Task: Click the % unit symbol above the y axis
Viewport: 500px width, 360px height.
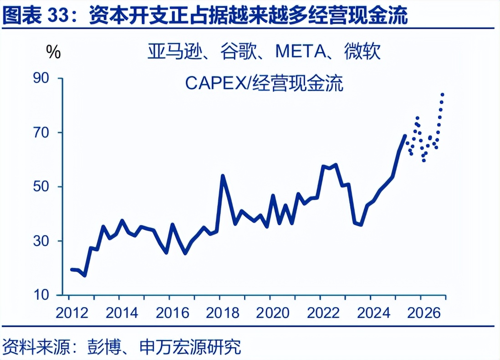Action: pyautogui.click(x=53, y=52)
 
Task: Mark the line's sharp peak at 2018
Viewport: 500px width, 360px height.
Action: pyautogui.click(x=223, y=175)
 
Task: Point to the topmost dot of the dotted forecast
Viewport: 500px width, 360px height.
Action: pyautogui.click(x=442, y=94)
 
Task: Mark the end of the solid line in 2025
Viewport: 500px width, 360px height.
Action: pyautogui.click(x=404, y=135)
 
